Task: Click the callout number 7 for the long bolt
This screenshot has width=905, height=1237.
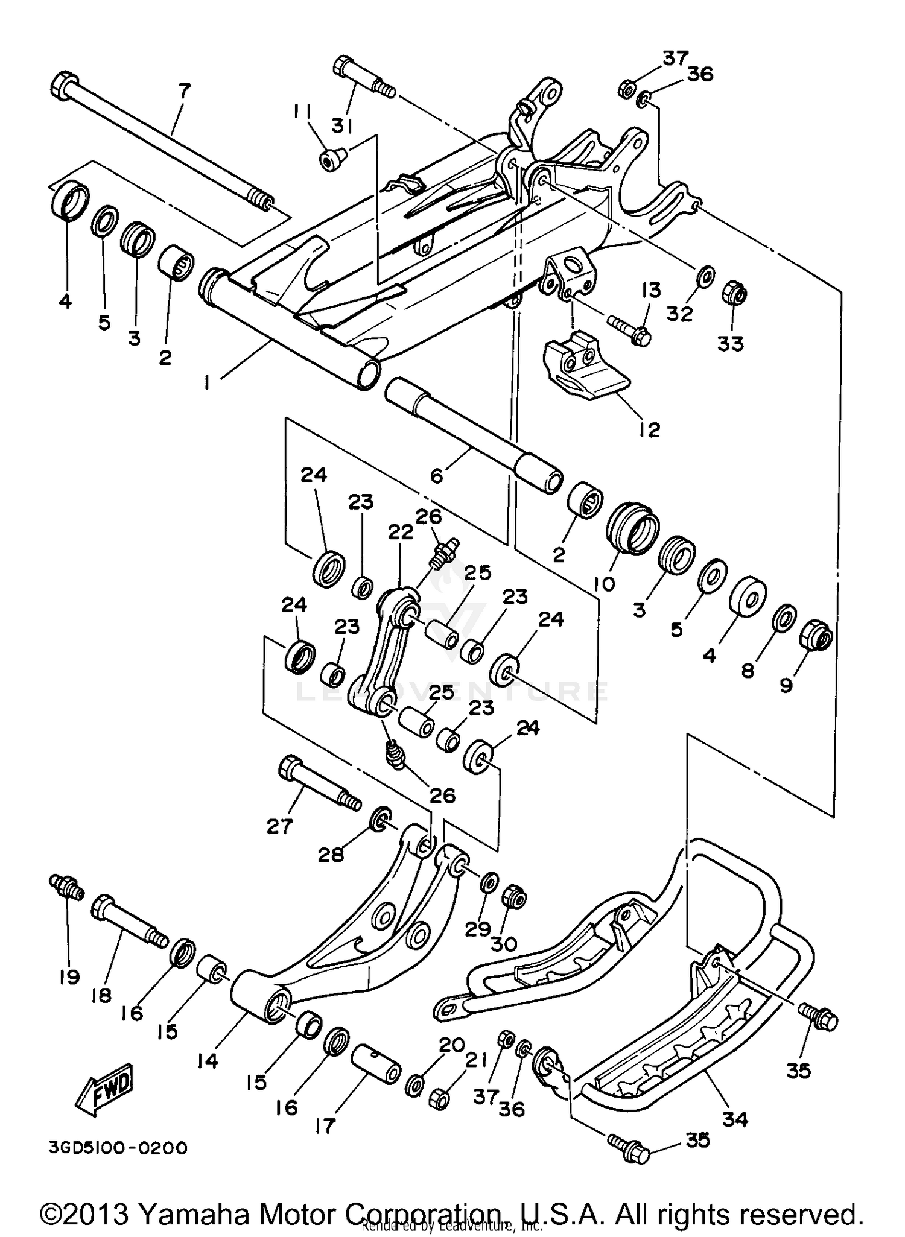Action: click(185, 92)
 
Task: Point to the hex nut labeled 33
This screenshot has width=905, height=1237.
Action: click(734, 294)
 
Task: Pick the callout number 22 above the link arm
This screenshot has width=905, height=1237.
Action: click(400, 532)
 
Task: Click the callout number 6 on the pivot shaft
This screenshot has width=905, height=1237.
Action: click(436, 476)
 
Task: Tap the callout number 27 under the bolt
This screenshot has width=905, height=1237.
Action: click(280, 826)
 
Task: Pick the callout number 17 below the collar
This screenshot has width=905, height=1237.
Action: click(325, 1125)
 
